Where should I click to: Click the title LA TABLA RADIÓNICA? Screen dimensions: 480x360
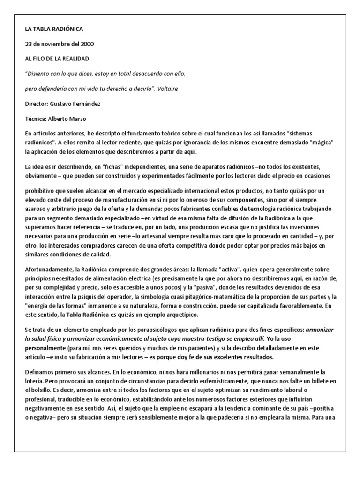[x=54, y=29]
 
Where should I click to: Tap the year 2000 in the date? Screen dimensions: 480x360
[x=86, y=44]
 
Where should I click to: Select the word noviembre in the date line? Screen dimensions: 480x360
[x=48, y=44]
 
